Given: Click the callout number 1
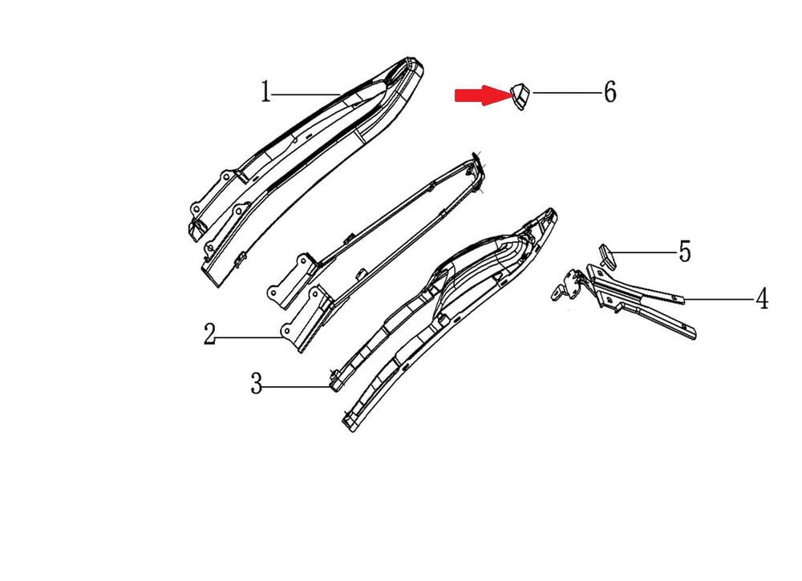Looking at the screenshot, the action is (265, 92).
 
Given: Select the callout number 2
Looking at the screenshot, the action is (209, 334).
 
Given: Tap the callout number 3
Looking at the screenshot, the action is (257, 383).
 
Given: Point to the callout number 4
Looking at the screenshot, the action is (762, 298).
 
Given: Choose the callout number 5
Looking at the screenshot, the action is (685, 252).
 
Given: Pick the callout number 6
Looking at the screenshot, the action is (610, 92).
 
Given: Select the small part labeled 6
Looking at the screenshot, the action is (520, 97).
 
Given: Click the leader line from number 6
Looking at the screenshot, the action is (567, 92).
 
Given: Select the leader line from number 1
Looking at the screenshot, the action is (306, 94).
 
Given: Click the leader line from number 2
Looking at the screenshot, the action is (249, 337).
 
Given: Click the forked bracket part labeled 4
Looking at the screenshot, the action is (639, 299).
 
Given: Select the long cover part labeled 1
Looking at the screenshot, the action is (307, 168).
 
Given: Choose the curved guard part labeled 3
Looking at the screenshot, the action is (445, 317).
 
